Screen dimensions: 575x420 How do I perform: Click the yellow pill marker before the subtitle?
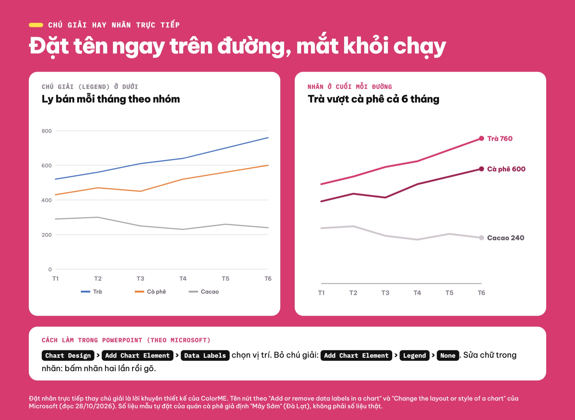point(36,25)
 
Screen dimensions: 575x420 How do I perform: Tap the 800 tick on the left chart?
point(47,131)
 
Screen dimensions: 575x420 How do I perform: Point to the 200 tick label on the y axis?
point(47,235)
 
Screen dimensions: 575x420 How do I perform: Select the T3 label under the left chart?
point(140,278)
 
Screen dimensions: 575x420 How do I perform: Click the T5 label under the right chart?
point(449,293)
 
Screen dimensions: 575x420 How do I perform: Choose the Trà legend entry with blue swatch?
point(91,292)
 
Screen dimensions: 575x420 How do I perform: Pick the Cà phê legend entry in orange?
point(150,292)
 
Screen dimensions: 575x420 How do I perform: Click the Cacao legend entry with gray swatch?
point(204,292)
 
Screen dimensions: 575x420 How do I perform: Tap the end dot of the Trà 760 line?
point(482,138)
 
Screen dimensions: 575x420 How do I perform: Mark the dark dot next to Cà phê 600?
point(482,169)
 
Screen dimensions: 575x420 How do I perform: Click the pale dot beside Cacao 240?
point(482,238)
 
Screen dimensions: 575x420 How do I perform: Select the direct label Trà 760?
point(500,138)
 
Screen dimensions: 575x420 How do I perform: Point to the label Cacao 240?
point(506,238)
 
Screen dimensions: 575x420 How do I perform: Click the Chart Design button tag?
point(68,355)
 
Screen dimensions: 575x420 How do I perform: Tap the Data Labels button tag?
point(205,355)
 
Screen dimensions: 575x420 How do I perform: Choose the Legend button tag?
point(415,355)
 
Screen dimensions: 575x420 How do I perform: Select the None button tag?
point(448,355)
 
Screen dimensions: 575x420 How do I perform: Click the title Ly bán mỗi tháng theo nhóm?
point(111,99)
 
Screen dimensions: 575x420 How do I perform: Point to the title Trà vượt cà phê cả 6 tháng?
point(373,99)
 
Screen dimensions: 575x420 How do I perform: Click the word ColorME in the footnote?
point(214,398)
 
